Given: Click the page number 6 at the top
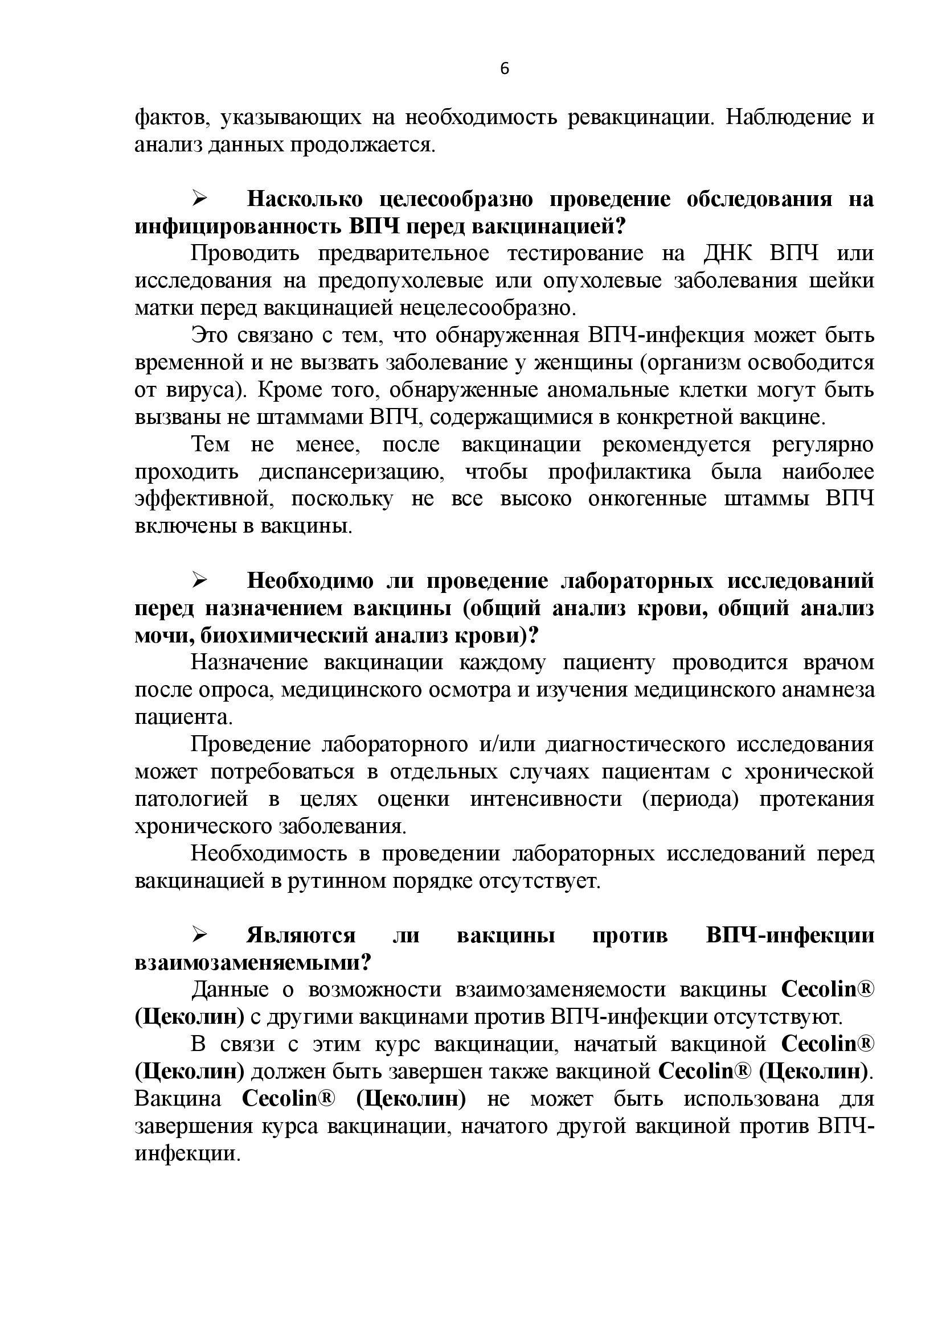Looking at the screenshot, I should pos(504,69).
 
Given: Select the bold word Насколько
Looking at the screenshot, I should pos(305,199).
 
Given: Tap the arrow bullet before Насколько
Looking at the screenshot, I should pos(200,199).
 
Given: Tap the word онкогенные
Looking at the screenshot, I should pos(648,499).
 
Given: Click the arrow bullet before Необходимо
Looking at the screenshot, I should pos(200,580).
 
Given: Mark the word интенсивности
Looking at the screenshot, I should pos(546,799).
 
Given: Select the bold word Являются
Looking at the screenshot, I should pos(301,936).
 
